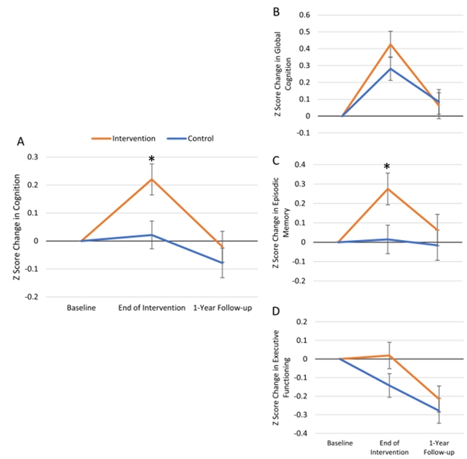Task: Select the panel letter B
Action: [277, 12]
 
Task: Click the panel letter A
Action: [22, 142]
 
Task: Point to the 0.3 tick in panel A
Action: [54, 157]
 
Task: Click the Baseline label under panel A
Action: [81, 309]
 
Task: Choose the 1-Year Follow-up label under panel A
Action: [222, 309]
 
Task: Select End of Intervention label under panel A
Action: [151, 309]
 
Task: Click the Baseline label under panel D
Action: [339, 443]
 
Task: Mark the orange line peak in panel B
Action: [391, 44]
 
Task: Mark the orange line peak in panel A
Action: [151, 179]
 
